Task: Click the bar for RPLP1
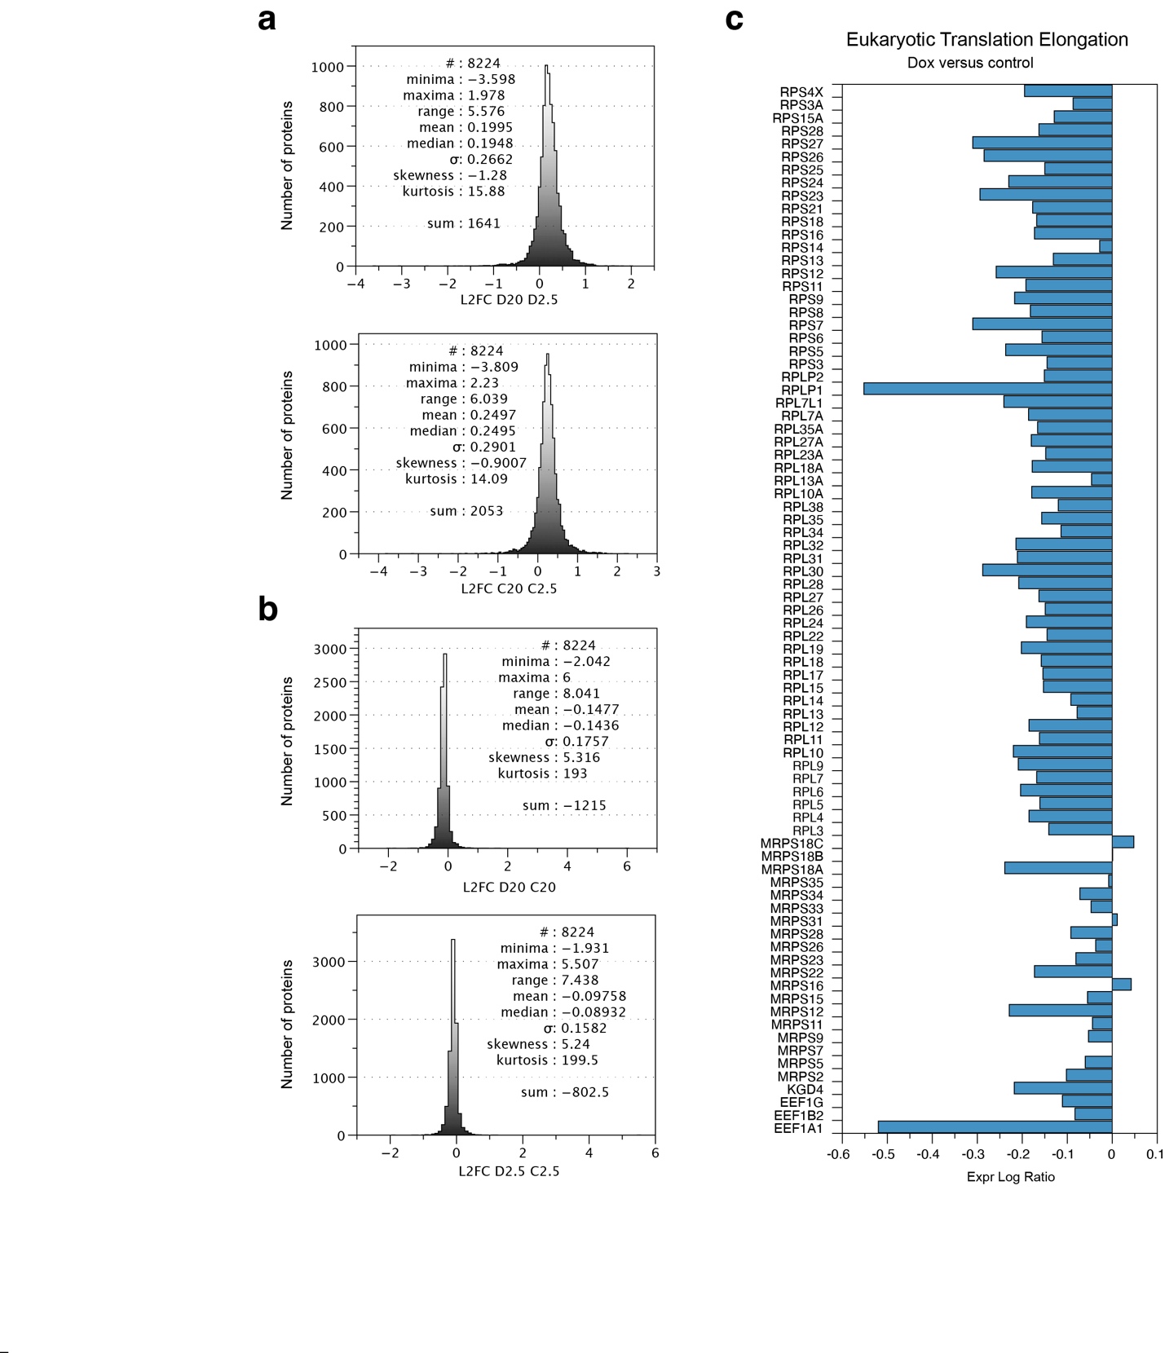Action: pos(987,389)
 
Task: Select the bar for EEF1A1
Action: pos(995,1127)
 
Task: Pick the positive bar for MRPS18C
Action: pos(1123,842)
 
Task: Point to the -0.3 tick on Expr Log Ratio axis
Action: pos(973,1154)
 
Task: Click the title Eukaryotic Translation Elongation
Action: pos(986,39)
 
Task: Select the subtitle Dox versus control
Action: pos(970,63)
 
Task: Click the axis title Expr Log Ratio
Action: pos(1010,1177)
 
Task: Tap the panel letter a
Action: pos(267,20)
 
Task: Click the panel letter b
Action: pos(267,609)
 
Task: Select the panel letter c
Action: pos(734,20)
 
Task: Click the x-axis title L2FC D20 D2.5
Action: pos(509,300)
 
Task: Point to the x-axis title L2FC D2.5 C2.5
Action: pos(509,1171)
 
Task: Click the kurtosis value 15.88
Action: pos(486,192)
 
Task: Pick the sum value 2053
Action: pos(487,511)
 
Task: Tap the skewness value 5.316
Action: pos(581,757)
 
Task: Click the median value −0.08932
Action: pos(594,1012)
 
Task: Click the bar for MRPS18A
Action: pos(1058,868)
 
